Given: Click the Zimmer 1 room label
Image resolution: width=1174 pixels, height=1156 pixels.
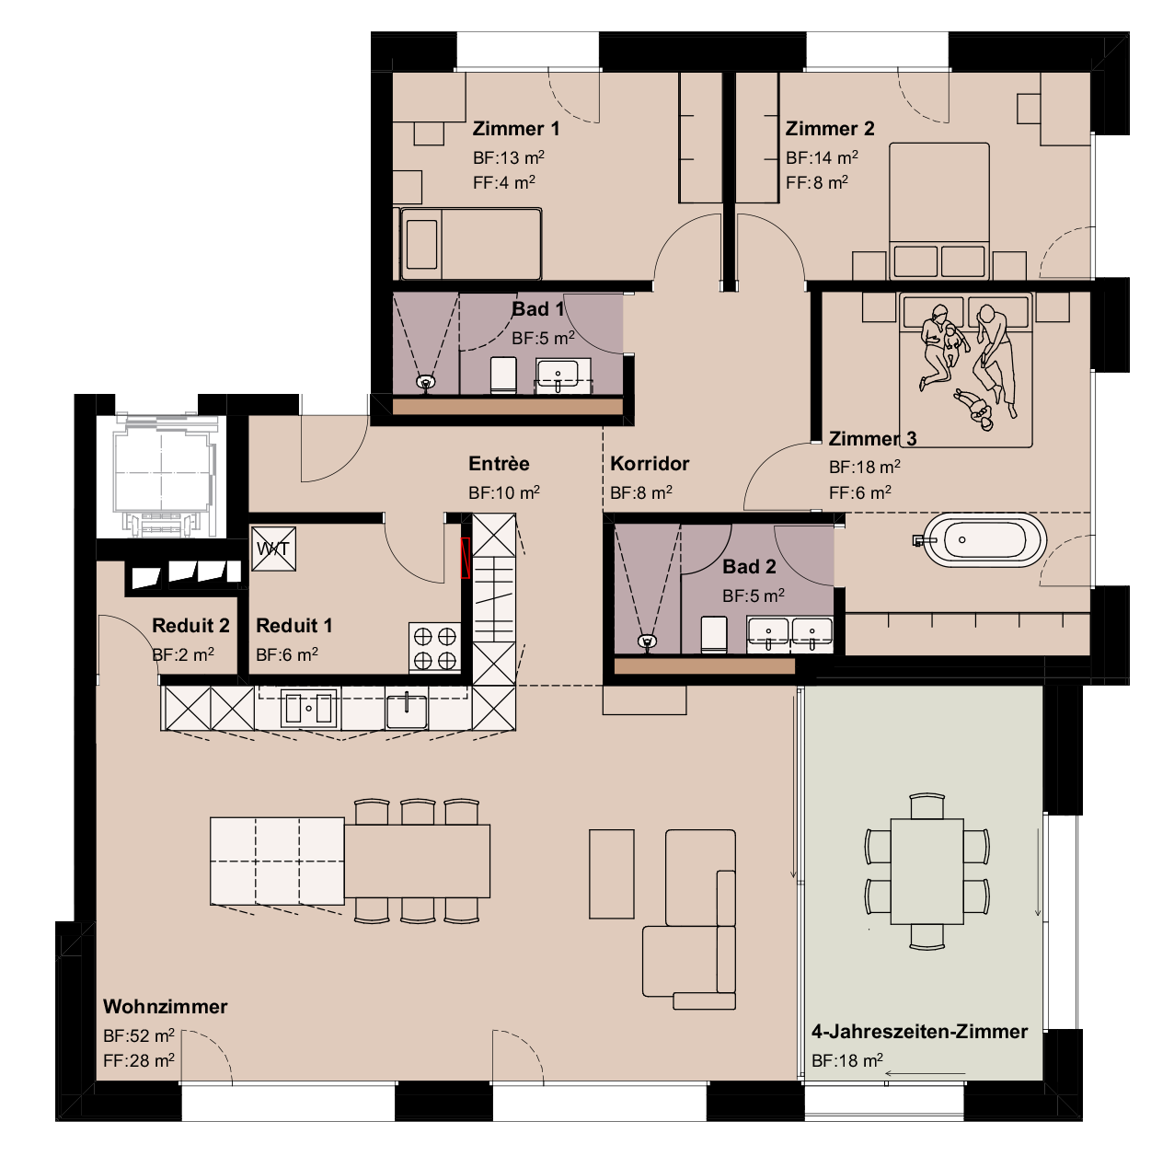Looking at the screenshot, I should [515, 129].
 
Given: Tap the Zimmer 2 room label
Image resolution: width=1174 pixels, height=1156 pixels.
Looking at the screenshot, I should [829, 129].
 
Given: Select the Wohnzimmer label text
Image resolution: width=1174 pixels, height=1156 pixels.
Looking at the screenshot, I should [165, 1006].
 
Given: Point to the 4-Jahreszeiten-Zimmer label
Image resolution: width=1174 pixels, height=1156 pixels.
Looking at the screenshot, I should [919, 1031].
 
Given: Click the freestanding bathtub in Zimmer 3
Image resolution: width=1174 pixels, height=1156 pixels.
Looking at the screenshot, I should [984, 539].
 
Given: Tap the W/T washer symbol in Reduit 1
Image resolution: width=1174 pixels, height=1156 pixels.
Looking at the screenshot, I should [273, 549].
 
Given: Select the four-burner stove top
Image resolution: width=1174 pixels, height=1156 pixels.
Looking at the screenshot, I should [434, 647].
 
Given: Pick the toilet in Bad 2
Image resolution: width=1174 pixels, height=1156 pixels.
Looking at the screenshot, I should [715, 634].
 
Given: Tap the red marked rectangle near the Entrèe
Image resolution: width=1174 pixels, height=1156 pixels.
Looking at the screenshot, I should [466, 558].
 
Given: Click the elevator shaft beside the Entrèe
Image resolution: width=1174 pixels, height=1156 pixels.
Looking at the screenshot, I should [162, 474].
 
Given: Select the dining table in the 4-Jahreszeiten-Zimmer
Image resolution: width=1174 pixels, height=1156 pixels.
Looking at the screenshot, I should [927, 872].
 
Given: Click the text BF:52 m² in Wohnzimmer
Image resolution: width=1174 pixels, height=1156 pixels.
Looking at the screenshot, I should [139, 1035].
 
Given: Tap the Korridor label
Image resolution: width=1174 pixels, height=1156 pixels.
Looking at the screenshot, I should [649, 464].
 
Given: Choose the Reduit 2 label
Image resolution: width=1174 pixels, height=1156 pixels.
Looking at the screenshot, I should [190, 626].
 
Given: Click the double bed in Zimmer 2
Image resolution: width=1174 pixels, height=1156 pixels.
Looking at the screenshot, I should [938, 207].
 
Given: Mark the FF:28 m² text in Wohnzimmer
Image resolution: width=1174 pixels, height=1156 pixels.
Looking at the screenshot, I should [139, 1060].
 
